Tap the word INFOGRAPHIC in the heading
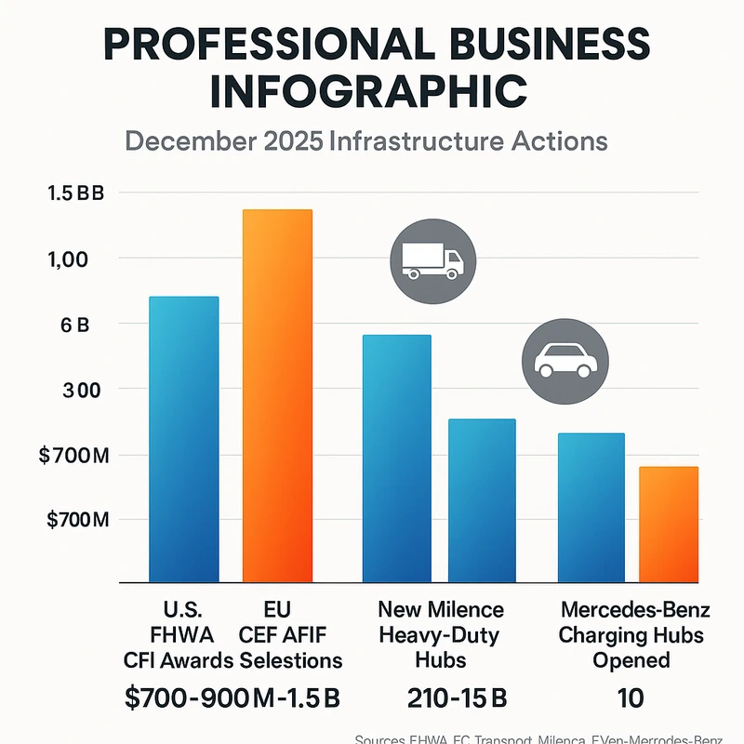pyautogui.click(x=371, y=91)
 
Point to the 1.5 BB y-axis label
pyautogui.click(x=76, y=194)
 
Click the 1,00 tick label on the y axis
pyautogui.click(x=66, y=259)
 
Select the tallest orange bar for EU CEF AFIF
pyautogui.click(x=277, y=395)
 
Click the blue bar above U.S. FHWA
pyautogui.click(x=184, y=439)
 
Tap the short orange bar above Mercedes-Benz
pyautogui.click(x=668, y=524)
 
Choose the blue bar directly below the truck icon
pyautogui.click(x=396, y=458)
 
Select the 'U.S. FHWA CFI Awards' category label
pyautogui.click(x=180, y=635)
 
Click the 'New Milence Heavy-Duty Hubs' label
pyautogui.click(x=441, y=635)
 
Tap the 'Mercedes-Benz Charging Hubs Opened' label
pyautogui.click(x=635, y=635)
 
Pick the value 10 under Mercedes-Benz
pyautogui.click(x=630, y=697)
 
